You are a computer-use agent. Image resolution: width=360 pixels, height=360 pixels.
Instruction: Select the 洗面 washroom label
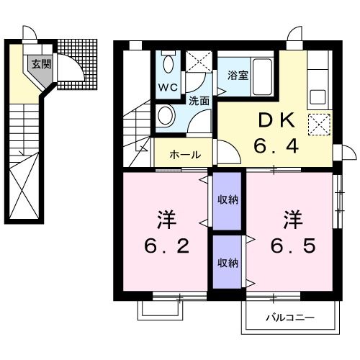click(199, 101)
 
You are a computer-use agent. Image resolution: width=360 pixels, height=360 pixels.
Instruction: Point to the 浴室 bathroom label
click(237, 73)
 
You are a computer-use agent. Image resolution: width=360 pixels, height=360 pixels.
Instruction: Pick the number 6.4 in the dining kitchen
click(275, 146)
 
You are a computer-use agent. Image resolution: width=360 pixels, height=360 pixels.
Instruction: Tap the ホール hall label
click(186, 154)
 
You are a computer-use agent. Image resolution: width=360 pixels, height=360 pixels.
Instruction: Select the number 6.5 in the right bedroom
click(293, 246)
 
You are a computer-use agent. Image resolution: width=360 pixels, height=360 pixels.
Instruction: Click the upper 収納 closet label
click(228, 199)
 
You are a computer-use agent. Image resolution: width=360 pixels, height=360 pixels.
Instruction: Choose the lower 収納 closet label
click(228, 263)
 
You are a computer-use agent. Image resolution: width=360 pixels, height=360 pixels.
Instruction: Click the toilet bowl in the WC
click(168, 64)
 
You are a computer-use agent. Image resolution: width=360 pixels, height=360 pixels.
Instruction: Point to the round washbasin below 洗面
click(165, 117)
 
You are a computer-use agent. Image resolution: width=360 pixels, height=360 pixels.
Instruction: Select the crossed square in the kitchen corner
click(318, 125)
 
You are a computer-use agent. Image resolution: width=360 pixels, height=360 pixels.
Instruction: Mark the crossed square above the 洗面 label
click(197, 62)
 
